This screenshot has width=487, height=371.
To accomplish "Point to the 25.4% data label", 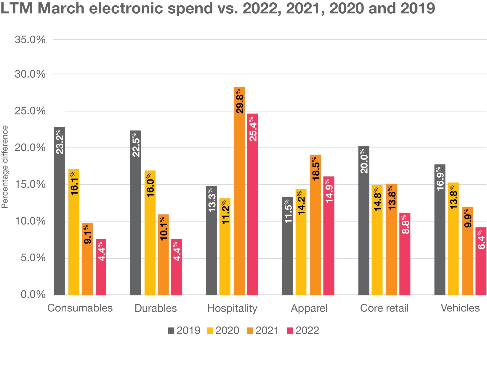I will [x=253, y=129].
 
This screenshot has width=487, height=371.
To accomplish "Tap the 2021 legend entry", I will [x=263, y=330].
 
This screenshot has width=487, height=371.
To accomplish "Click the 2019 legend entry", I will [x=184, y=330].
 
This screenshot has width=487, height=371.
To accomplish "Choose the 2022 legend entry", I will [x=303, y=330].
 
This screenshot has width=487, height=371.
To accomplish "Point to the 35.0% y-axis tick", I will [x=30, y=39].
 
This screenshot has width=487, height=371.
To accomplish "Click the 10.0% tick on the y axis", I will [x=30, y=221].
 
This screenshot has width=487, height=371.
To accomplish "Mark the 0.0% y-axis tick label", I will [x=33, y=294].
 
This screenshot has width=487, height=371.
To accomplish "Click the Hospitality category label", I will [x=232, y=308].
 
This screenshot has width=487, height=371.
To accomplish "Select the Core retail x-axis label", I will [x=384, y=308].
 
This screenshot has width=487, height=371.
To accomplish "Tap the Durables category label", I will [x=156, y=308].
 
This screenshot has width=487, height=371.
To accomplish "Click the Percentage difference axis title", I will [x=5, y=167].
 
